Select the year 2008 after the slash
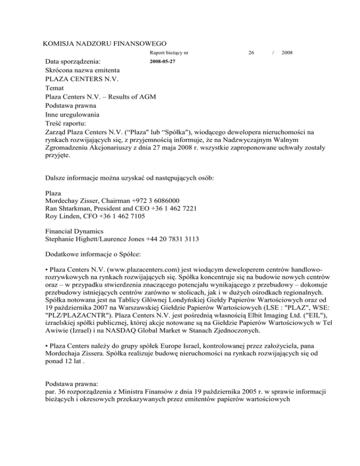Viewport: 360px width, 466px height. point(287,53)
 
